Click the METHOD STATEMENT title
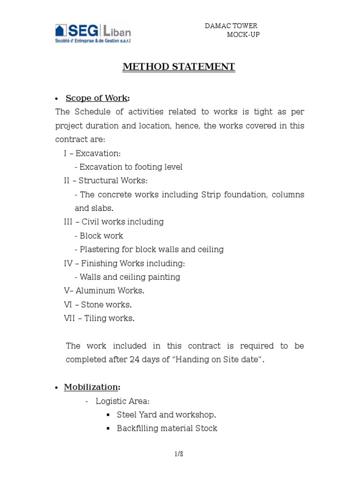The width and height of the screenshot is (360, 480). (x=179, y=67)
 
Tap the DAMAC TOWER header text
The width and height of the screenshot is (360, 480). (x=231, y=26)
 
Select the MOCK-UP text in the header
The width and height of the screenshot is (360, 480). (x=243, y=35)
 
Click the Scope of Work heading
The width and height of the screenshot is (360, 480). (x=97, y=98)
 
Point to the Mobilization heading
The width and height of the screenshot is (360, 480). (x=92, y=387)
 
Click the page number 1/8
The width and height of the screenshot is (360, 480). (x=178, y=454)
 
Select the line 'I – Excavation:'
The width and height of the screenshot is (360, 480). (x=92, y=154)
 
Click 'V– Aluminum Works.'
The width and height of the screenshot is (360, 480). (x=104, y=291)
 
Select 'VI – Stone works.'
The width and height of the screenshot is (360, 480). (x=97, y=305)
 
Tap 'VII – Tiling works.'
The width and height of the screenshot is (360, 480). (x=99, y=318)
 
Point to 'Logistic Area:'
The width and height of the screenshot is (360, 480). (x=122, y=401)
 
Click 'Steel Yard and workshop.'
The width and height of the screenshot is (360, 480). (x=166, y=415)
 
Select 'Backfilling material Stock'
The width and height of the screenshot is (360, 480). (x=167, y=428)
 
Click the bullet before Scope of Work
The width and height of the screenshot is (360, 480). (x=56, y=98)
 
